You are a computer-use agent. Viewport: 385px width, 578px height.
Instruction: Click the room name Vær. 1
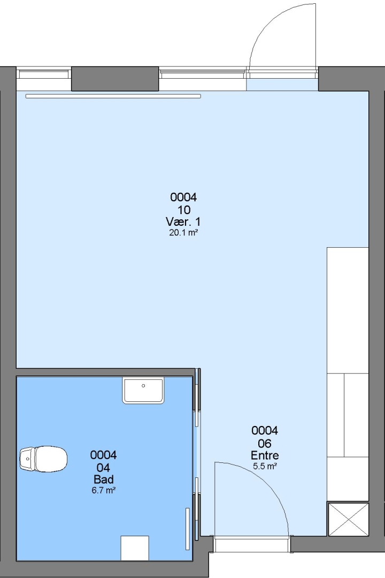pos(183,222)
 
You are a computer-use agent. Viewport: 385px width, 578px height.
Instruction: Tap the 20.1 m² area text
pos(183,233)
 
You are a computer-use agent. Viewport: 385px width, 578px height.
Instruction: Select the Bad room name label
pos(104,479)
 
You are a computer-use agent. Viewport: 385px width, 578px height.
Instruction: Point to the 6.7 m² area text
pos(104,490)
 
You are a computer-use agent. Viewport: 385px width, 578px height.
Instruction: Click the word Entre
pos(265,455)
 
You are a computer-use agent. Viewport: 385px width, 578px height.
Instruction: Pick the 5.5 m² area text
pos(265,466)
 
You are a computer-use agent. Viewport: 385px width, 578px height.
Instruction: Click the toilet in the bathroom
pos(43,459)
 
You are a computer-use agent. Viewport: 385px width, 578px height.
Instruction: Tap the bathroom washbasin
pos(143,391)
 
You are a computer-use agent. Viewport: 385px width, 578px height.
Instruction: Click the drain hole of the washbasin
pos(143,385)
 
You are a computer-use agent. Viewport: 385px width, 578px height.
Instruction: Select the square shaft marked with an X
pos(348,519)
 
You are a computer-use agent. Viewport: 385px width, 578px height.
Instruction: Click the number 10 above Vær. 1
pos(184,210)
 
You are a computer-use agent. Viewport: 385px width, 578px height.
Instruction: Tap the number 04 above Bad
pos(104,467)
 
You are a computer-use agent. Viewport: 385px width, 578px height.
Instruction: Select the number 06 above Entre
pos(265,443)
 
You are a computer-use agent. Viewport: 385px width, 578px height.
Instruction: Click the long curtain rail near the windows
pos(113,96)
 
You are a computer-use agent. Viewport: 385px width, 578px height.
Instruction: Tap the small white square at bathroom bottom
pos(135,549)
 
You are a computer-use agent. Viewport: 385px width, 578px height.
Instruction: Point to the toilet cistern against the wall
pos(27,459)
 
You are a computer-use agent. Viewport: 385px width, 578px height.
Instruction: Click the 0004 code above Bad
pos(104,455)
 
